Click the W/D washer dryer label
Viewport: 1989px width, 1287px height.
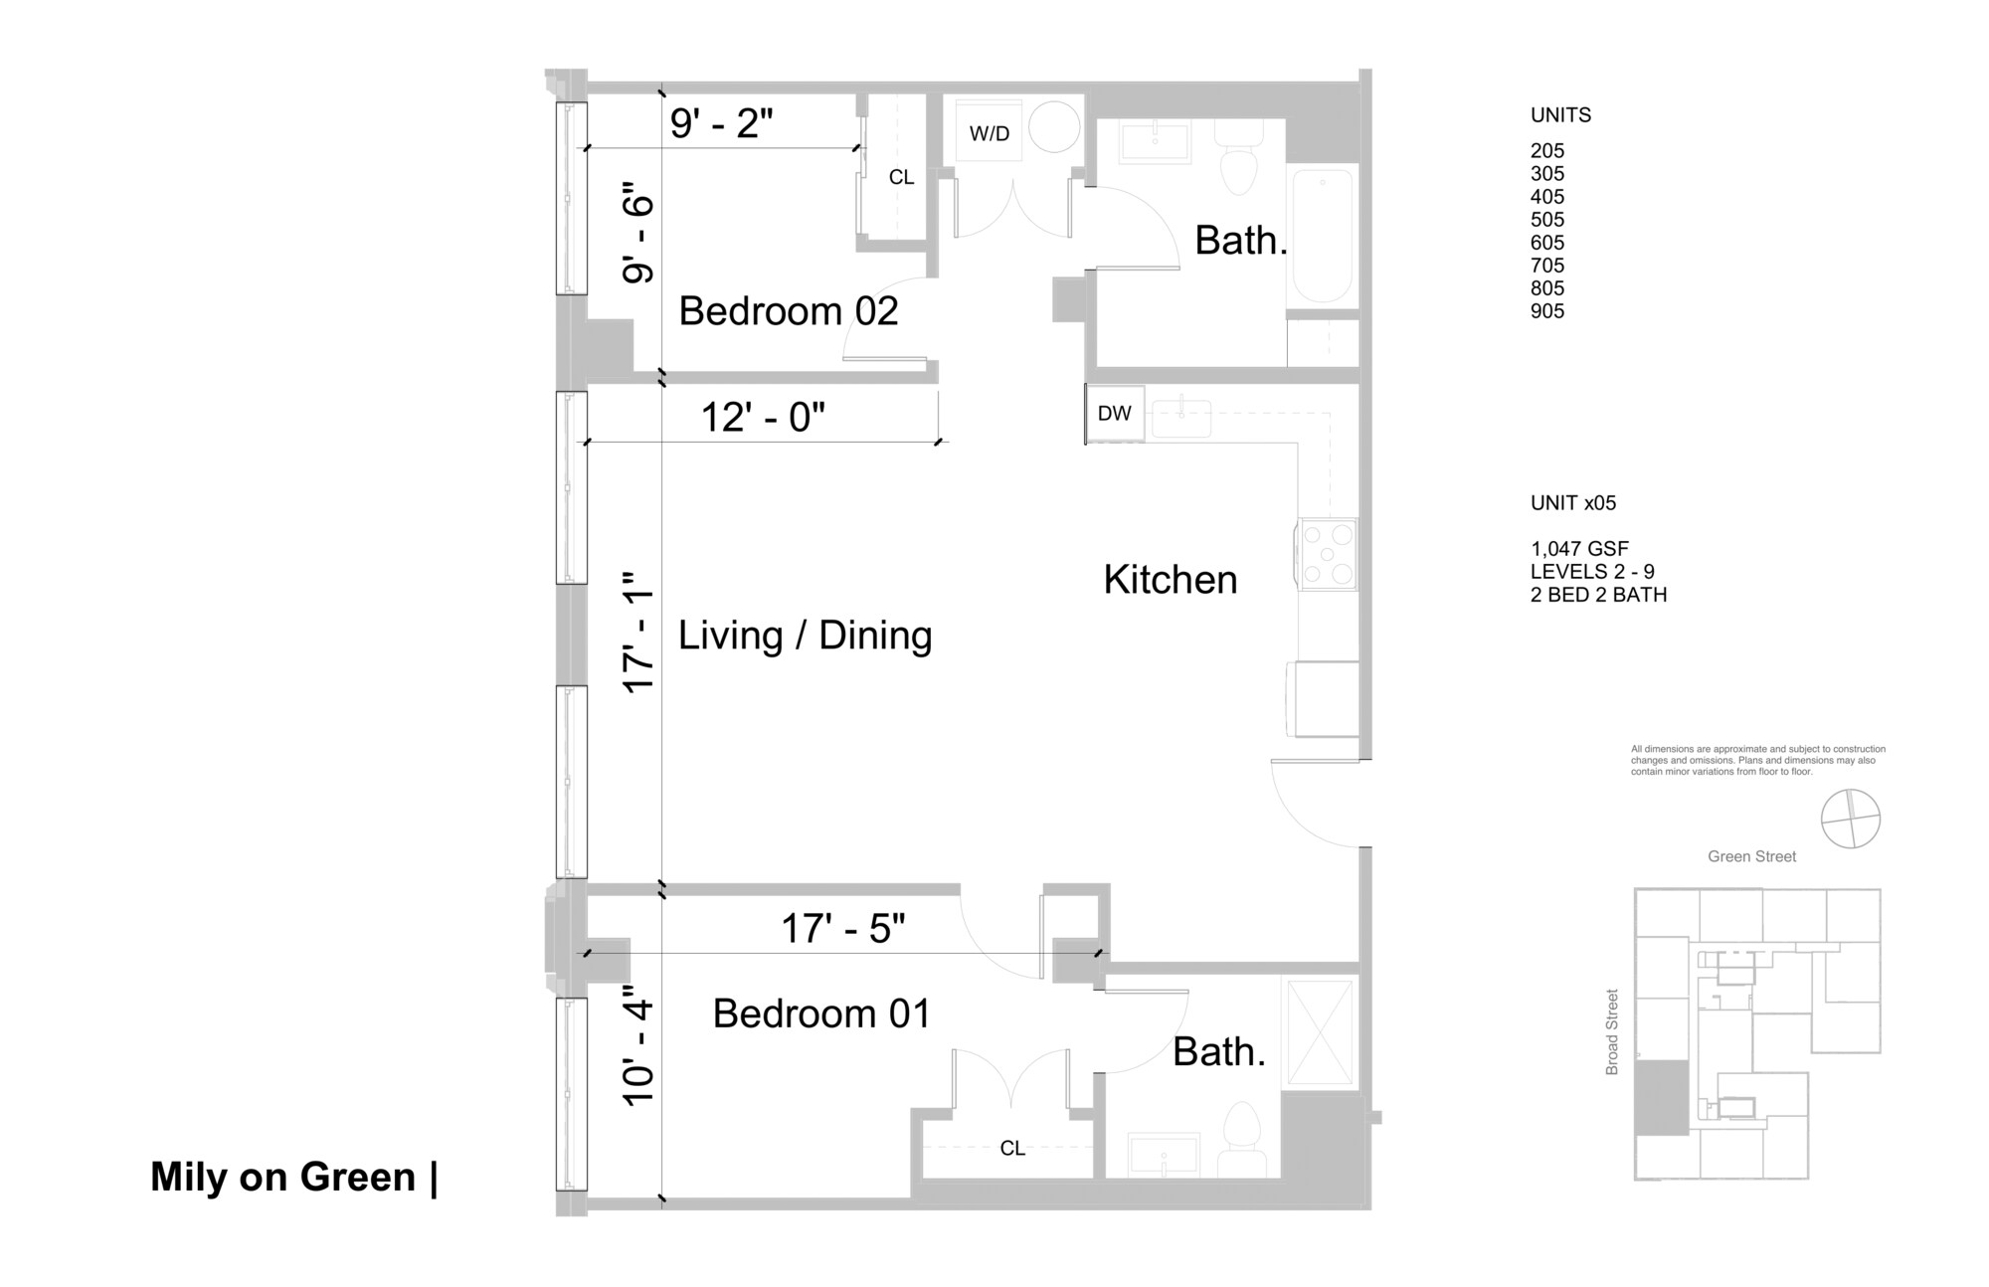pos(989,133)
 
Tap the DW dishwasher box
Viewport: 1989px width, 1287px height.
pos(1114,414)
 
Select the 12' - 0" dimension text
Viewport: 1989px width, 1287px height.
pos(763,417)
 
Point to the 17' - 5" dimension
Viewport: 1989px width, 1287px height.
pos(842,929)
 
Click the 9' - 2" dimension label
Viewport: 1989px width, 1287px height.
pos(721,123)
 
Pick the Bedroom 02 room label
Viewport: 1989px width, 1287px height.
pos(788,311)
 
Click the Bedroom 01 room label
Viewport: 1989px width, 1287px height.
pos(821,1013)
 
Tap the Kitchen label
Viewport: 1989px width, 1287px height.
pos(1170,580)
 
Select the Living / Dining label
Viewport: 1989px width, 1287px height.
pos(805,636)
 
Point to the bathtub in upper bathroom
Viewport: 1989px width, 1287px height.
pos(1321,237)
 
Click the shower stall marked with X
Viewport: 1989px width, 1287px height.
pos(1320,1032)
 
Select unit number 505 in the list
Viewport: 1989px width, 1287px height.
pos(1546,220)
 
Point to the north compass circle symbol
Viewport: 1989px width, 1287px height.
pos(1850,820)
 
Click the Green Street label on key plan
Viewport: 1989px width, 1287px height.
pos(1751,856)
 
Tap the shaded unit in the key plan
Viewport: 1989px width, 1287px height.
pos(1662,1097)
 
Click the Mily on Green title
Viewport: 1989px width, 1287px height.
pos(282,1177)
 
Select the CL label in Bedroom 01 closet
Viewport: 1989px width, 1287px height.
pos(1011,1149)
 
